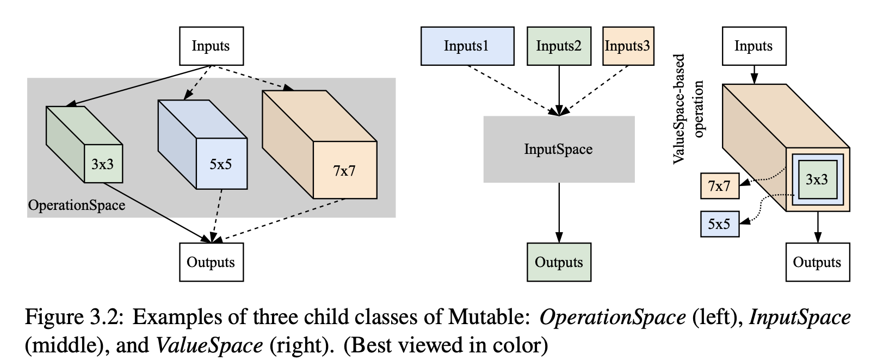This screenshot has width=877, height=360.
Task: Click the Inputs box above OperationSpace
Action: click(x=212, y=46)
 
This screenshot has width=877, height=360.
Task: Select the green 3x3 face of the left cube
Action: click(x=103, y=164)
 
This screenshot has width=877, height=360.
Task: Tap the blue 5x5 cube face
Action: click(x=221, y=164)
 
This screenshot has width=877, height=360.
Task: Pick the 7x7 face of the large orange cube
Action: click(x=345, y=170)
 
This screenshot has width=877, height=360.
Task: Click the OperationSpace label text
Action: click(x=77, y=206)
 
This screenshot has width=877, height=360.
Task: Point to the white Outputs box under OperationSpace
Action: click(x=212, y=262)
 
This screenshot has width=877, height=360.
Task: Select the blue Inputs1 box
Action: click(x=467, y=46)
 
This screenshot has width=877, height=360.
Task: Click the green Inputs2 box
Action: click(x=559, y=46)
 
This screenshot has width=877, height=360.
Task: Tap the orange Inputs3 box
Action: click(x=628, y=46)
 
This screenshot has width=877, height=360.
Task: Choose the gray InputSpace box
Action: click(x=559, y=149)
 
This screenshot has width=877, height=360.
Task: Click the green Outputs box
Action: click(x=559, y=262)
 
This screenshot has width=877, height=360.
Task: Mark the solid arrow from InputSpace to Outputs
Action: click(x=559, y=213)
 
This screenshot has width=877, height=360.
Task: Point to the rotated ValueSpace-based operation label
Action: click(x=688, y=109)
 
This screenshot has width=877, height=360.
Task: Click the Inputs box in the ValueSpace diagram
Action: click(x=754, y=46)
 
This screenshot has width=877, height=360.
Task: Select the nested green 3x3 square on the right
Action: click(x=818, y=179)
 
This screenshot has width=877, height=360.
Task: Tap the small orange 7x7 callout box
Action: click(x=720, y=186)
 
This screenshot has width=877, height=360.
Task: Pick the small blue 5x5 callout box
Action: click(x=720, y=224)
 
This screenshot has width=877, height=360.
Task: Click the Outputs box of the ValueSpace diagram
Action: click(x=818, y=262)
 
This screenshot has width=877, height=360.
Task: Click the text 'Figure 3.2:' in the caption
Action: click(x=75, y=317)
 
